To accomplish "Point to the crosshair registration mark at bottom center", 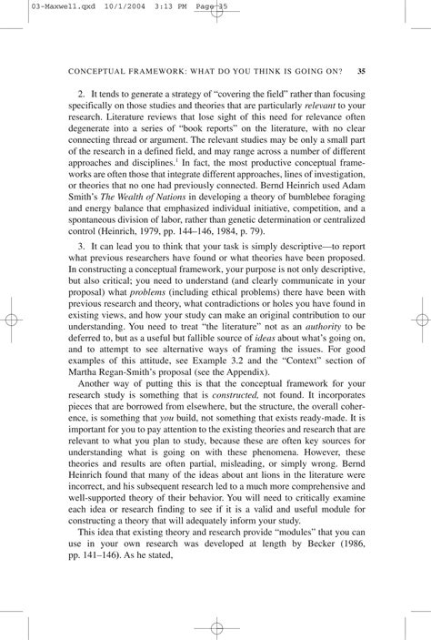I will point(215,627).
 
